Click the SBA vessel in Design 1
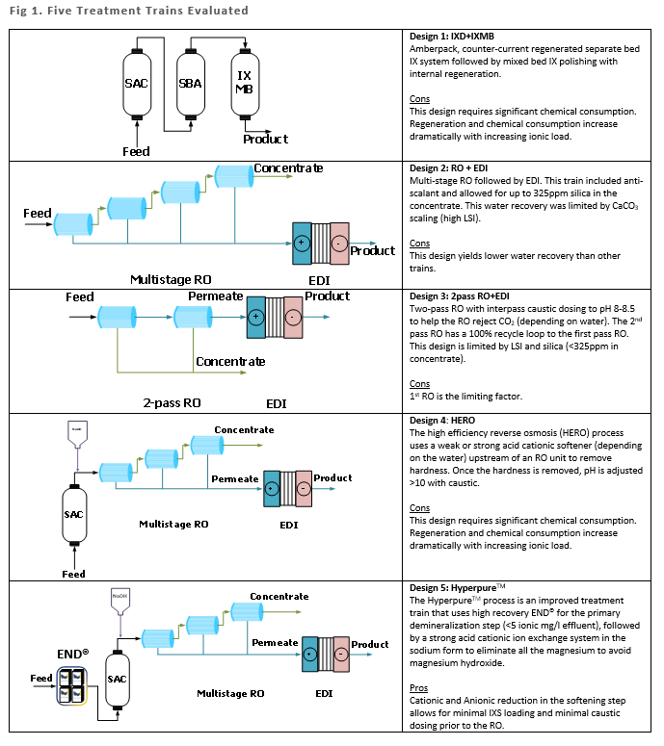[190, 84]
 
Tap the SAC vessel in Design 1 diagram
[137, 84]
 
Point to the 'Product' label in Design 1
[265, 140]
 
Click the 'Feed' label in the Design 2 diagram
[38, 213]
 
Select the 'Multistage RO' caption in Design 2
[170, 279]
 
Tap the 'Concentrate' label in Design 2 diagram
[288, 168]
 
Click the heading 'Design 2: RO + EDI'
[455, 167]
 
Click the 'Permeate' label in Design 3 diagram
[216, 296]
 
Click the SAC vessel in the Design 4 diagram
[74, 514]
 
